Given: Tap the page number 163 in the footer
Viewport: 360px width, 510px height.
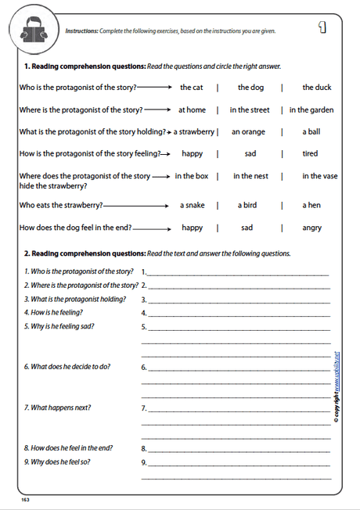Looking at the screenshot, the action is click(x=25, y=497).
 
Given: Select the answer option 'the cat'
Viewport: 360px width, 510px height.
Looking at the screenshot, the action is click(x=192, y=88).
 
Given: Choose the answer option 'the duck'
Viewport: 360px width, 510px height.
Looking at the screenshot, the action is click(x=317, y=88).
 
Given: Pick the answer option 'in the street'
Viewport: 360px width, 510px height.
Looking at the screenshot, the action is click(x=250, y=110).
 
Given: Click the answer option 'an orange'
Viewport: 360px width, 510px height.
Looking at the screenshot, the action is click(x=248, y=132).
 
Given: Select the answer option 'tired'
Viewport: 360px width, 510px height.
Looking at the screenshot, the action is click(x=310, y=154).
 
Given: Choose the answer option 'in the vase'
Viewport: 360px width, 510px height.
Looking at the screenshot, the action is click(x=320, y=176).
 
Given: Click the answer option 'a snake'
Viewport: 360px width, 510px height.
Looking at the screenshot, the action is click(x=192, y=206).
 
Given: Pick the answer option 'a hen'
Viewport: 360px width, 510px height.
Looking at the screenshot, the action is click(x=311, y=206).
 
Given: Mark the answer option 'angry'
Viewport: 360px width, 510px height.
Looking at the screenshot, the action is click(x=311, y=228).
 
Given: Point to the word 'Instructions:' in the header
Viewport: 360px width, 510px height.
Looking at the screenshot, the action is click(x=81, y=31).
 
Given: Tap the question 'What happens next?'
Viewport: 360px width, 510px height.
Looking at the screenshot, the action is click(x=57, y=408).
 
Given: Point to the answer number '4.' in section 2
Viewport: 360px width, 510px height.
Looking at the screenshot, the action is click(x=144, y=313).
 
